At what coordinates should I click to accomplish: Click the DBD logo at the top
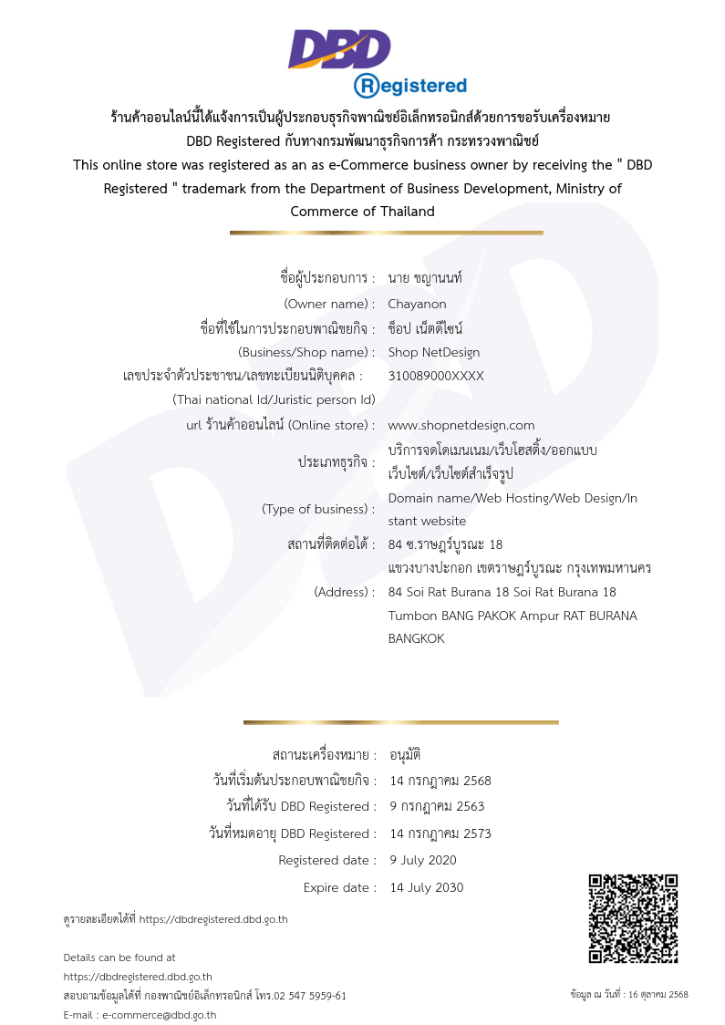click(x=339, y=48)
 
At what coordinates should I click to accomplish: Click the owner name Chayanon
click(x=417, y=304)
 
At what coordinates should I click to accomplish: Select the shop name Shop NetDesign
click(x=433, y=352)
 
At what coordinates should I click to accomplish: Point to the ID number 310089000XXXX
click(x=436, y=376)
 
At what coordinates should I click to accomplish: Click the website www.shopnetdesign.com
click(x=461, y=425)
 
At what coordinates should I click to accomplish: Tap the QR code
click(x=633, y=918)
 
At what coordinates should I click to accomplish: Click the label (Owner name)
click(x=329, y=304)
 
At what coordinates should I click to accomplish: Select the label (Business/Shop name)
click(x=306, y=352)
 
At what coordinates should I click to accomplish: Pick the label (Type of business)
click(x=318, y=509)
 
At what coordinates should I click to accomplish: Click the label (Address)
click(x=344, y=592)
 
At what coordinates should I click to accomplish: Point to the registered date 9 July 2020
click(x=423, y=860)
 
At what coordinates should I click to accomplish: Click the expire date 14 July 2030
click(x=426, y=887)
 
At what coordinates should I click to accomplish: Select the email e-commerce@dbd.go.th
click(x=159, y=1015)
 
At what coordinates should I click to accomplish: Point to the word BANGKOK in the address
click(x=416, y=639)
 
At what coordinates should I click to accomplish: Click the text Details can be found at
click(x=119, y=958)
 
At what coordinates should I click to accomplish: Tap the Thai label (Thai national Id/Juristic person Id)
click(x=274, y=399)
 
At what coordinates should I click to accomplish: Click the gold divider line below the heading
click(x=386, y=233)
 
